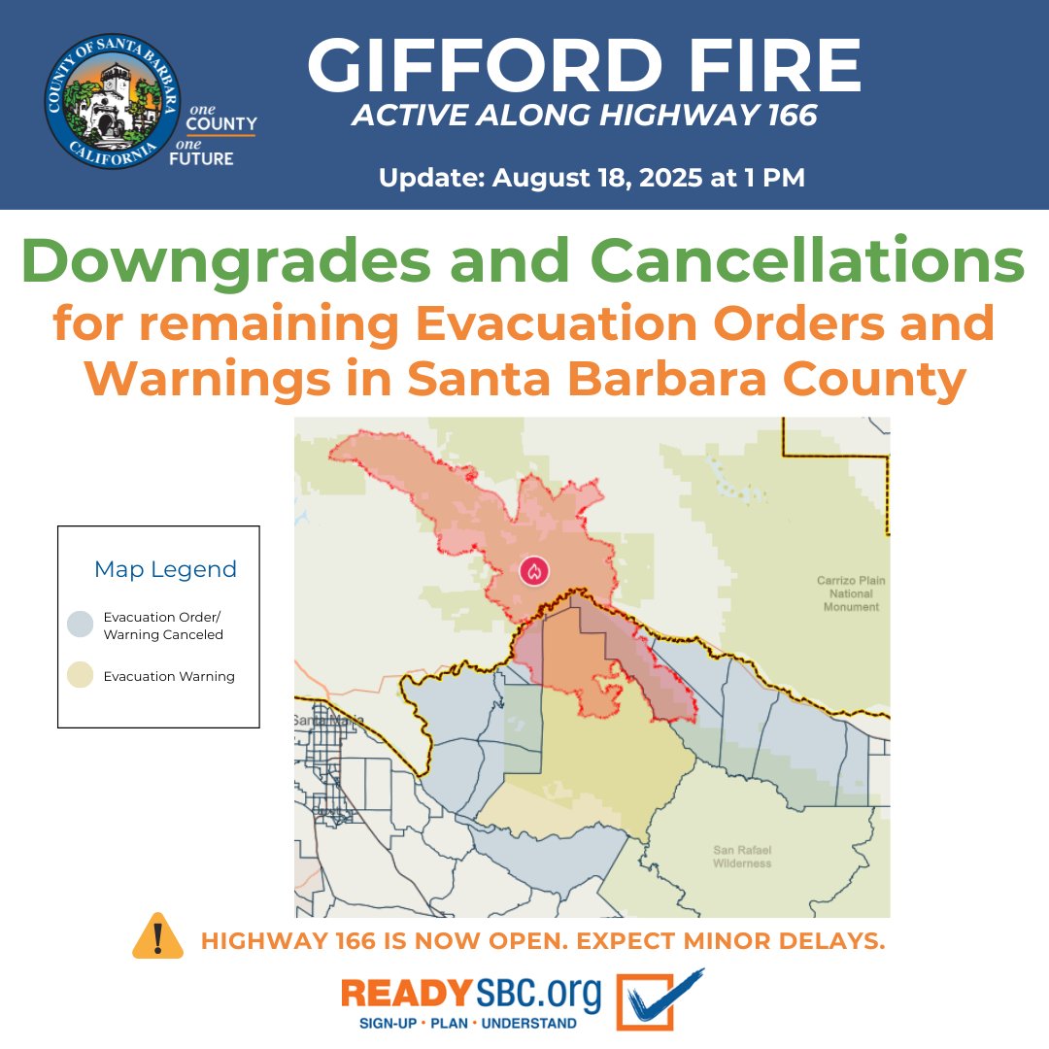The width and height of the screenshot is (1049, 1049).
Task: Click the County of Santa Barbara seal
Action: pyautogui.click(x=113, y=101)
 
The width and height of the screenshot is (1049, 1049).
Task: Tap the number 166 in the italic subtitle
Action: pyautogui.click(x=782, y=116)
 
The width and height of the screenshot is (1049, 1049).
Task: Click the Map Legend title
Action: pyautogui.click(x=165, y=569)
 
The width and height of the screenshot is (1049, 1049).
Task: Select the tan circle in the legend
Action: pyautogui.click(x=82, y=676)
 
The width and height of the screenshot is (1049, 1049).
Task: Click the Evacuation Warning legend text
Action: pyautogui.click(x=169, y=676)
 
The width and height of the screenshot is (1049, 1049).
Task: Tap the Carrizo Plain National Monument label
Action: pyautogui.click(x=851, y=593)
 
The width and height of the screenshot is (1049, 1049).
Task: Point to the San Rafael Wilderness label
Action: pyautogui.click(x=741, y=857)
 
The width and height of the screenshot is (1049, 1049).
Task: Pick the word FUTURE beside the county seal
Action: pyautogui.click(x=201, y=157)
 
